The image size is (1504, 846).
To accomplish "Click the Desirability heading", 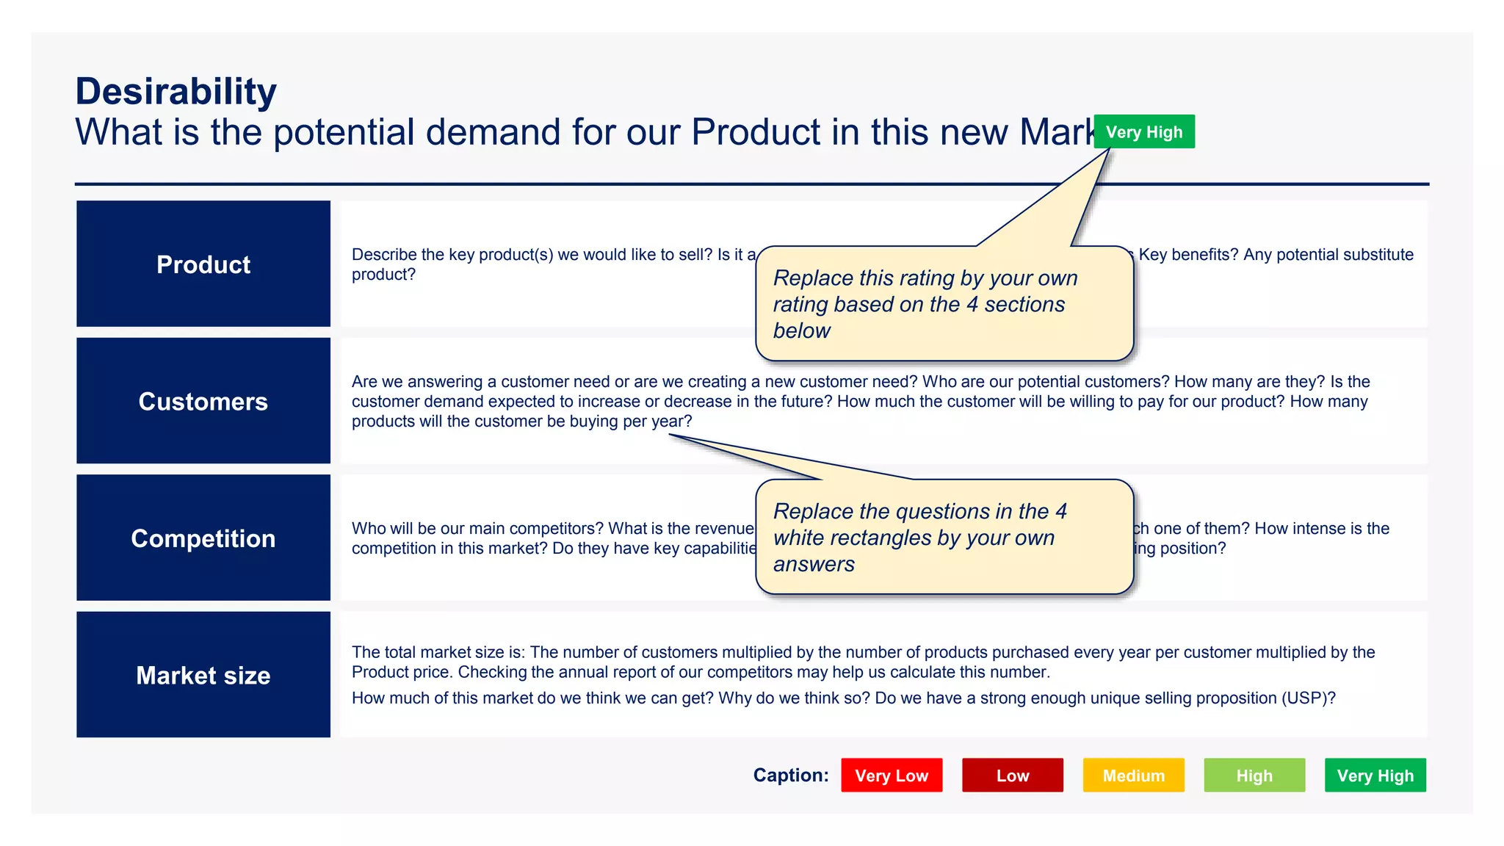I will coord(176,92).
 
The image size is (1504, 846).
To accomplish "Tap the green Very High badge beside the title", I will coord(1143,132).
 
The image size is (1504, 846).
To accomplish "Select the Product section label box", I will coord(203,264).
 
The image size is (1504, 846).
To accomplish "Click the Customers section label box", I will coord(203,401).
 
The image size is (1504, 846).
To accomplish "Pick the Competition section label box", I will coord(203,538).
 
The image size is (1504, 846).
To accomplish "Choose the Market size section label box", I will coord(203,675).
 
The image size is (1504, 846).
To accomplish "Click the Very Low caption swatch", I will coord(892,775).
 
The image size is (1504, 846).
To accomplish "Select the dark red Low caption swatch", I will coord(1012,775).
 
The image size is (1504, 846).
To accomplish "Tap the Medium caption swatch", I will coord(1133,775).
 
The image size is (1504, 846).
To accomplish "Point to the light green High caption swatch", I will coord(1254,775).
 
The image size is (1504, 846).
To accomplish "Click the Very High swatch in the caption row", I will coord(1375,775).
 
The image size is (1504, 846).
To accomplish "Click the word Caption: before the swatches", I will coord(791,775).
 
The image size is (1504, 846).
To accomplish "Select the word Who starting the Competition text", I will coord(366,529).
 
